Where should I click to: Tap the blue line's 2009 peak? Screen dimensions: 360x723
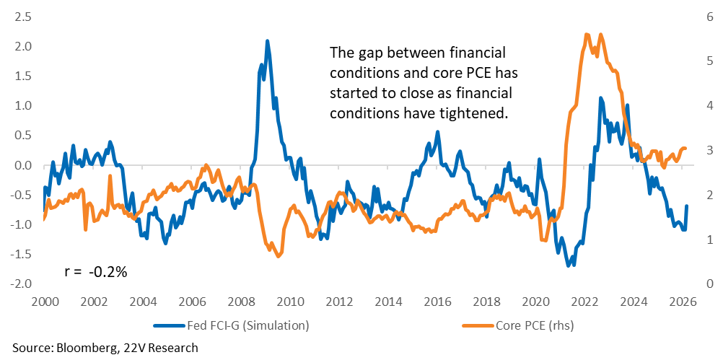(x=268, y=41)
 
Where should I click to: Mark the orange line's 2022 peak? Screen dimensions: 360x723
(x=587, y=34)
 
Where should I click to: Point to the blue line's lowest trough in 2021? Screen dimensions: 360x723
(x=569, y=265)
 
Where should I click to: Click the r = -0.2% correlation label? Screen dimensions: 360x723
(x=96, y=272)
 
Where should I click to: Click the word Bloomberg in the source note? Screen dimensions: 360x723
(x=77, y=348)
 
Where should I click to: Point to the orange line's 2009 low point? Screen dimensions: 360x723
(x=279, y=255)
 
